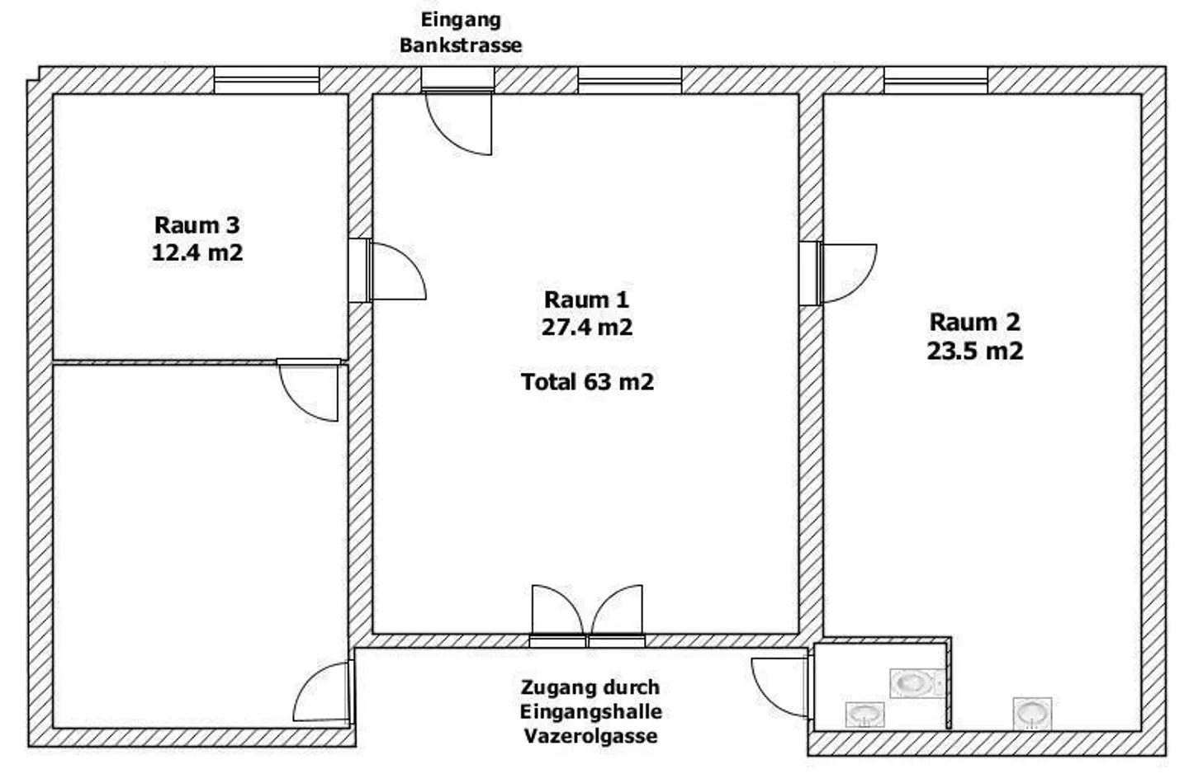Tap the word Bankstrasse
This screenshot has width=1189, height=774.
(x=461, y=45)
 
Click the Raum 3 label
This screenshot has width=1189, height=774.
(x=197, y=225)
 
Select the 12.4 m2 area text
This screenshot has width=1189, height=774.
(x=197, y=252)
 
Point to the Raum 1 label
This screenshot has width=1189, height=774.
(x=586, y=300)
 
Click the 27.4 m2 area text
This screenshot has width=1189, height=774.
(x=586, y=327)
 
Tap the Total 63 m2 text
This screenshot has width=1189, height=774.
(x=587, y=381)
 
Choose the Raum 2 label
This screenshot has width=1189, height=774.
(x=974, y=323)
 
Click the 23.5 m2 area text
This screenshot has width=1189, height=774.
(x=974, y=351)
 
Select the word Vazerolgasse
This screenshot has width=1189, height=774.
(x=591, y=736)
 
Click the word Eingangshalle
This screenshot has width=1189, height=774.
(x=591, y=711)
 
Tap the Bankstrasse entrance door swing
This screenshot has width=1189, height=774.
(x=458, y=123)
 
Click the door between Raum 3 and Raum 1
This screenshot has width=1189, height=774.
(x=396, y=271)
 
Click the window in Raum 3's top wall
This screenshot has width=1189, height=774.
(x=267, y=80)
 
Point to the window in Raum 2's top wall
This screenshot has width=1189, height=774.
(x=936, y=80)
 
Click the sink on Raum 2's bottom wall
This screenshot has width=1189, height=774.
(x=1032, y=713)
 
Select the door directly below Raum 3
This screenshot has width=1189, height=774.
(x=309, y=390)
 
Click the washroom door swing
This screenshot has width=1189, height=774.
(x=781, y=687)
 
